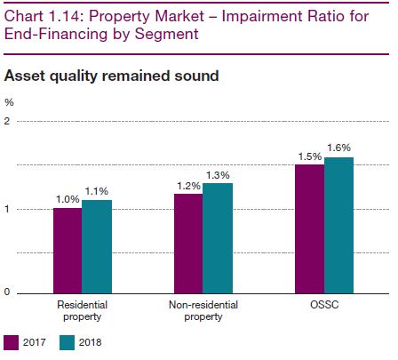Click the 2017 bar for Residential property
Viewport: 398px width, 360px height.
click(68, 251)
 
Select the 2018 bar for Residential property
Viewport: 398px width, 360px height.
click(97, 247)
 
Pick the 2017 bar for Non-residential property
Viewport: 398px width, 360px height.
click(188, 244)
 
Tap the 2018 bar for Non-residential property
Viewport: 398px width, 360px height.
click(218, 238)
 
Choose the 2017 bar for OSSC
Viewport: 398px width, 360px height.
click(310, 229)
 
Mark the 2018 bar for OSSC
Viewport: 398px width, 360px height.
click(339, 226)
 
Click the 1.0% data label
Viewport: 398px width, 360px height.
click(68, 199)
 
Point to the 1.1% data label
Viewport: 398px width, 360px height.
click(97, 191)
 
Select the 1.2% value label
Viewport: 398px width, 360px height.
click(188, 186)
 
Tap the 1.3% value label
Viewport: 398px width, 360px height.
click(218, 175)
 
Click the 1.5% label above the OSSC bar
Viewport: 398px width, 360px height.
click(310, 156)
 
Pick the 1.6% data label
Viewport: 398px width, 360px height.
click(339, 148)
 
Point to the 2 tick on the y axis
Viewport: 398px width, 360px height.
click(7, 121)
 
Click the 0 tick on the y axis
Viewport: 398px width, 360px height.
click(7, 292)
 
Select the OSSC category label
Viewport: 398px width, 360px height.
click(324, 305)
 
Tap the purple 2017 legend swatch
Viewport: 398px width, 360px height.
click(11, 343)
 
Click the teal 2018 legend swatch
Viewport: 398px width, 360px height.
click(67, 343)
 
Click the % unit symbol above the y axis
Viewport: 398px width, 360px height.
click(9, 102)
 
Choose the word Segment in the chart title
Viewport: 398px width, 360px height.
click(167, 34)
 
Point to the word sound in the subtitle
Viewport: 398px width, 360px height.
click(196, 76)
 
